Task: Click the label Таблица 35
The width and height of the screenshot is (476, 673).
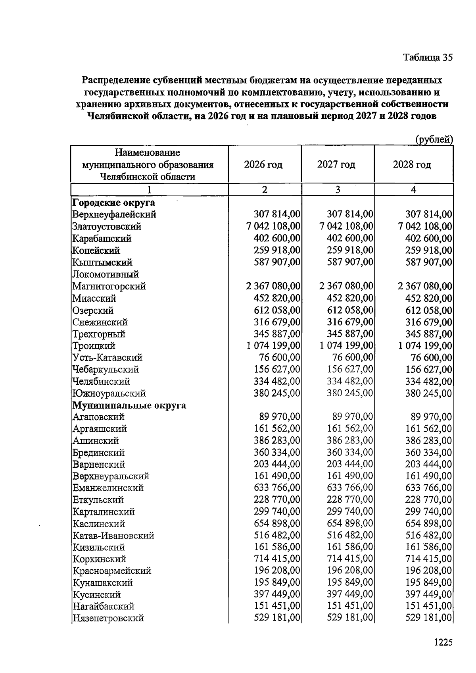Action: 428,58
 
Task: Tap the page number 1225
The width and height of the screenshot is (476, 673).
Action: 443,642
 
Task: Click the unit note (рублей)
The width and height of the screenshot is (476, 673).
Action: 434,139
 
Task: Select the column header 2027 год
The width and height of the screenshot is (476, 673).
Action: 336,164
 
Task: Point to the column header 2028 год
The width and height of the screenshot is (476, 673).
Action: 412,164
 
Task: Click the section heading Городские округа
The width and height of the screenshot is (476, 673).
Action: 113,203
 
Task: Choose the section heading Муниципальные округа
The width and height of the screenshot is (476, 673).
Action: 129,405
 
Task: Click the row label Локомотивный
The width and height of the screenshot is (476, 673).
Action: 106,274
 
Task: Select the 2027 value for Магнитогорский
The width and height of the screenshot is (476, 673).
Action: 346,286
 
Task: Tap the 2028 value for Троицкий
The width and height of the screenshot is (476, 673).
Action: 425,346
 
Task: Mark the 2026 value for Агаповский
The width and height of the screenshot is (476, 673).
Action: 280,417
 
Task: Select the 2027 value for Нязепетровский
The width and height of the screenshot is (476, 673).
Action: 350,618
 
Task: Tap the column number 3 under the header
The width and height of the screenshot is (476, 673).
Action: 338,190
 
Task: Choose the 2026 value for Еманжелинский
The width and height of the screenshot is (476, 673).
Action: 277,488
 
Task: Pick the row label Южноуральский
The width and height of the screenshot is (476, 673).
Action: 109,393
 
